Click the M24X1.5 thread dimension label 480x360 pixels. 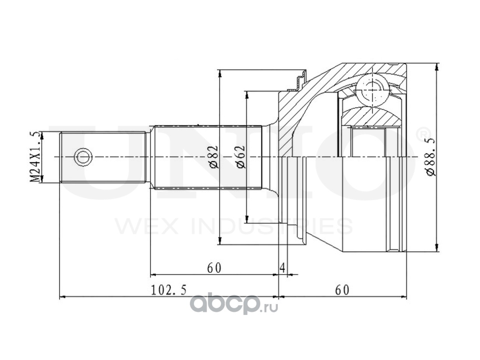(x=35, y=157)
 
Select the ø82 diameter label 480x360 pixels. (x=214, y=157)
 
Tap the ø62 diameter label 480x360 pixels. (x=241, y=157)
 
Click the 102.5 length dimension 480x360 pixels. (x=169, y=290)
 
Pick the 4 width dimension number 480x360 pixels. (x=282, y=268)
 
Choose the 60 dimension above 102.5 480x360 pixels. (x=214, y=268)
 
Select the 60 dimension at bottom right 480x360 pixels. (x=342, y=290)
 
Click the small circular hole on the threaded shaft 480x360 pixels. (x=83, y=157)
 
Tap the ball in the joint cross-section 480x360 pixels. (x=372, y=90)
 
